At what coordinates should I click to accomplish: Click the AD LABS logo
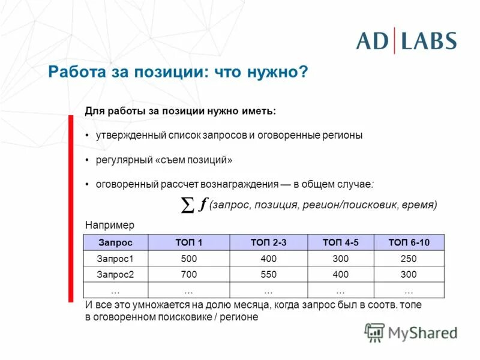pos(406,41)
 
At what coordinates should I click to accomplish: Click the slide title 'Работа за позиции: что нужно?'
pos(178,73)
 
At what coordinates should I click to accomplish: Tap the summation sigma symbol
pos(187,206)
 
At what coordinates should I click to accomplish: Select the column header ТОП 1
pos(188,243)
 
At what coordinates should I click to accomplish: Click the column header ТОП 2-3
pos(268,243)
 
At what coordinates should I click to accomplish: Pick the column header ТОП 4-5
pos(340,243)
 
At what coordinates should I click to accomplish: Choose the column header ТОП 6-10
pos(409,243)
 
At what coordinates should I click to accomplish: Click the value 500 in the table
pos(188,259)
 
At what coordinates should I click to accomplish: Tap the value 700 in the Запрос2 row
pos(188,274)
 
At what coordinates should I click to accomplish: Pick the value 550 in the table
pos(268,274)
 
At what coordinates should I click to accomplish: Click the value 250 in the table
pos(409,259)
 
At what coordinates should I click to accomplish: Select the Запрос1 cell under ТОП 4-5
pos(340,259)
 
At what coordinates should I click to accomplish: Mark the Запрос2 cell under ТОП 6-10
pos(409,274)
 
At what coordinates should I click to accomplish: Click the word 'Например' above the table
pos(110,225)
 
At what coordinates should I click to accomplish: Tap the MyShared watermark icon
pos(374,332)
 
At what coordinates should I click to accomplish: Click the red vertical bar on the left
pos(71,207)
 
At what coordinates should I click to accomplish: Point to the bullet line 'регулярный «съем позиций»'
pos(163,160)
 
